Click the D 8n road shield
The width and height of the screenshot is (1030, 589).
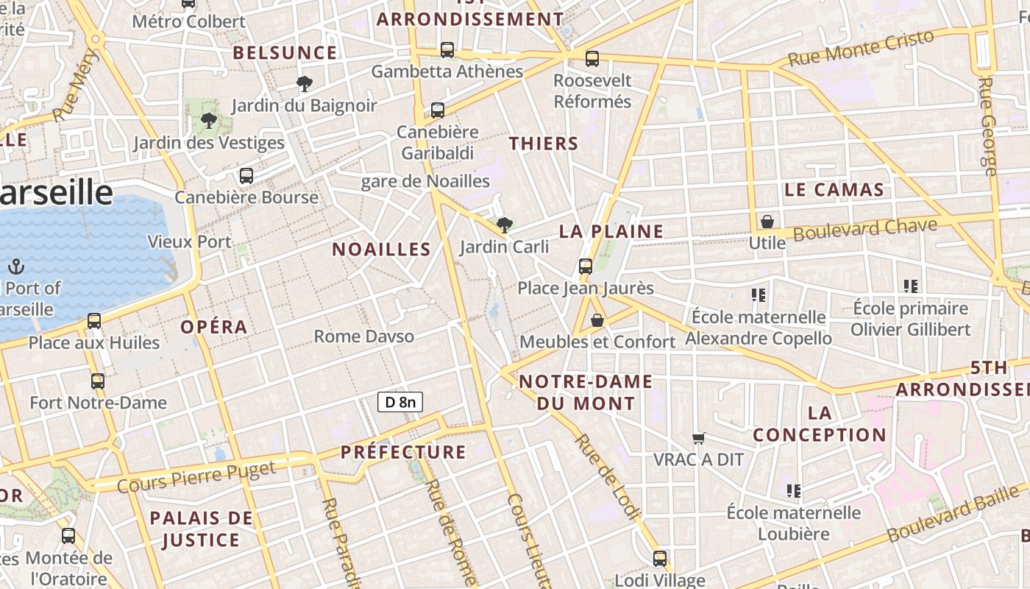(400, 402)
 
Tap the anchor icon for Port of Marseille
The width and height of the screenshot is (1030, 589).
(16, 267)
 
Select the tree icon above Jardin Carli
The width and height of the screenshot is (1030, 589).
(504, 225)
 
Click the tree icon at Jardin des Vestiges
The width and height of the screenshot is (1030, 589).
(208, 121)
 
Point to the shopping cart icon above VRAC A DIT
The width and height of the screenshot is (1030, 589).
(699, 438)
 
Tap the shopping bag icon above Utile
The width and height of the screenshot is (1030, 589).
(767, 221)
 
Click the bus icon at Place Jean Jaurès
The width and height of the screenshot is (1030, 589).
(586, 267)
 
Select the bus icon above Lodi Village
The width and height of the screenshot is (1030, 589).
(660, 558)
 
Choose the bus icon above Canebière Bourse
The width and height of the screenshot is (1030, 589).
(246, 176)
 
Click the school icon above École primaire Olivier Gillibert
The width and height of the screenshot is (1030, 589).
(910, 286)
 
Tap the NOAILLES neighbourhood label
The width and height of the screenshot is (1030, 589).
(381, 249)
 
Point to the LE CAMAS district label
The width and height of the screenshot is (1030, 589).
(834, 190)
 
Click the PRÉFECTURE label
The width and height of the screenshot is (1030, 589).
(403, 452)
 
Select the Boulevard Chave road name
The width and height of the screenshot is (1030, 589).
(865, 229)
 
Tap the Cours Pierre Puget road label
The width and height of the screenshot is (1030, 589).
(196, 476)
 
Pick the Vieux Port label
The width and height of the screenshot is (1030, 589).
(189, 241)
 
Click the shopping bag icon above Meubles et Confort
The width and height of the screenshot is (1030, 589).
(597, 320)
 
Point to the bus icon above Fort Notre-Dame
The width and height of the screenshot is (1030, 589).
(98, 381)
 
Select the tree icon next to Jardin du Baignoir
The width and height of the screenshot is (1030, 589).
(304, 84)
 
